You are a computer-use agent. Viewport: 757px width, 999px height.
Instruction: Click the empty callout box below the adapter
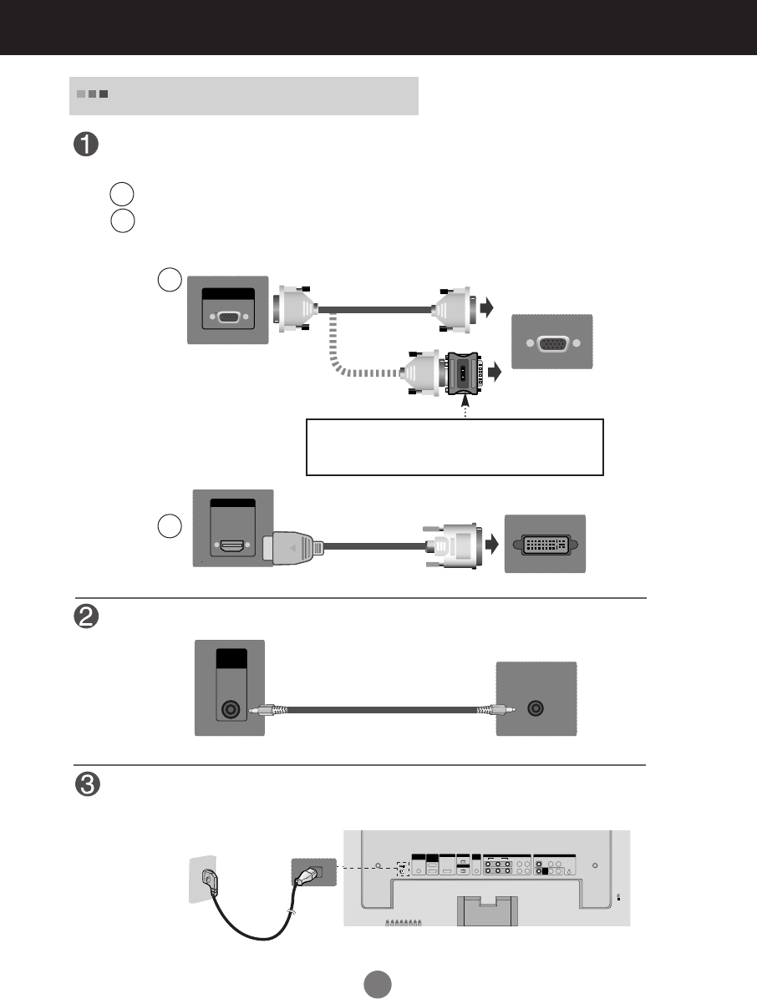455,447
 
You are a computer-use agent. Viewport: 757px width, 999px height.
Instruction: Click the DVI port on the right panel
545,544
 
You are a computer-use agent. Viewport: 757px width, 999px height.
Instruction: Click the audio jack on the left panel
229,711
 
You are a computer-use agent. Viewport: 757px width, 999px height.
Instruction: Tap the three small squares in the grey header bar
93,94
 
